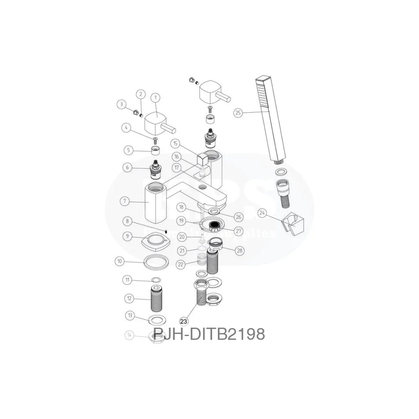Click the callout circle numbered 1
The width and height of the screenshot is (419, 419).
click(x=155, y=97)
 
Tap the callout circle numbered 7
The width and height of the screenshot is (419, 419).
click(x=125, y=201)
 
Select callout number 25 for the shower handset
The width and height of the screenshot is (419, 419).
click(x=239, y=113)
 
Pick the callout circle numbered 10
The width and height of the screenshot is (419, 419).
click(x=119, y=261)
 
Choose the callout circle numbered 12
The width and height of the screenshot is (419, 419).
click(x=129, y=299)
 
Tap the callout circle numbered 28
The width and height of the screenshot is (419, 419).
click(x=239, y=250)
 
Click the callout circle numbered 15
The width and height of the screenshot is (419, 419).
click(x=175, y=143)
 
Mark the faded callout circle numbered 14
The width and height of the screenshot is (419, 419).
click(x=129, y=335)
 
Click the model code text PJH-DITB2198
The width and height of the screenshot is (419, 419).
click(x=209, y=334)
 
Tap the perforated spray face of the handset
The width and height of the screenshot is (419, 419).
click(x=263, y=97)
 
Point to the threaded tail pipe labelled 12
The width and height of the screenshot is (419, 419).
click(x=155, y=299)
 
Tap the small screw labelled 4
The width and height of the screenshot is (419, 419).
click(x=155, y=141)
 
